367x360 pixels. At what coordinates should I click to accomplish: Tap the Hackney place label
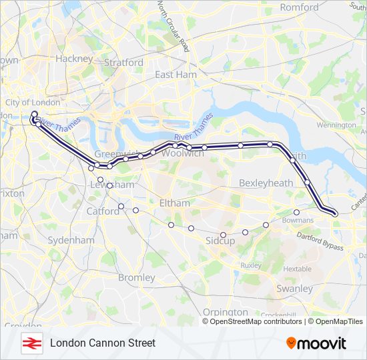coord(74,59)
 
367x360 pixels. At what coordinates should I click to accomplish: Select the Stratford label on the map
coord(123,63)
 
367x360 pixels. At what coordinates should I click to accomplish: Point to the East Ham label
coord(175,75)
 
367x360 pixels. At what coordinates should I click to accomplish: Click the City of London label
coord(33,102)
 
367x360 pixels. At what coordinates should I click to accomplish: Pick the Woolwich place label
coord(182,153)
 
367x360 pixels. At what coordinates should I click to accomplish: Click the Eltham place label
coord(175,203)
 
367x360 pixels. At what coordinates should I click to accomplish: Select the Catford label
coord(101,211)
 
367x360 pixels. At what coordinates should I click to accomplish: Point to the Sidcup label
coord(220,241)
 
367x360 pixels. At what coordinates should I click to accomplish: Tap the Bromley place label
coord(136,277)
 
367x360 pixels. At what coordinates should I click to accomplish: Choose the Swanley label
coord(294,289)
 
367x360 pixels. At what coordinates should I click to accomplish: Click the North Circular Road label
coord(173,27)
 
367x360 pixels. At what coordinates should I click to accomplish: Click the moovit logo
coord(316,343)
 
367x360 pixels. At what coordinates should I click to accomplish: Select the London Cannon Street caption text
coord(103,343)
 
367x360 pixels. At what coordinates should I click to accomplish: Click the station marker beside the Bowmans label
coord(296,213)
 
